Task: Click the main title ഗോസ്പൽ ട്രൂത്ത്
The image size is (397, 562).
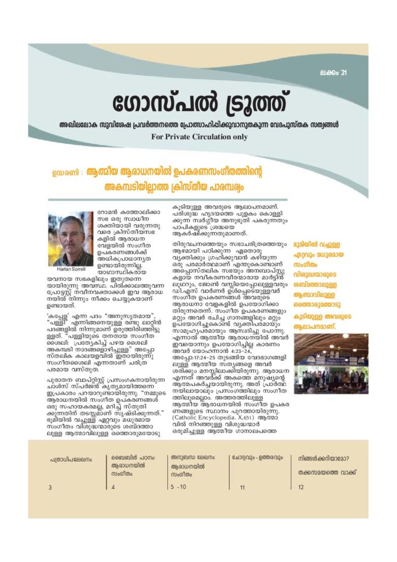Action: (198, 102)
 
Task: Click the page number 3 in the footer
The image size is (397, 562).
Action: (50, 487)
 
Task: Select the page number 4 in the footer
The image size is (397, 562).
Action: (114, 487)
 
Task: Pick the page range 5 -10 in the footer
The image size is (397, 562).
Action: (179, 487)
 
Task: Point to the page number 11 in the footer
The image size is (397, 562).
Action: (242, 487)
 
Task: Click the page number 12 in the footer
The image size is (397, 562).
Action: (300, 487)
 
